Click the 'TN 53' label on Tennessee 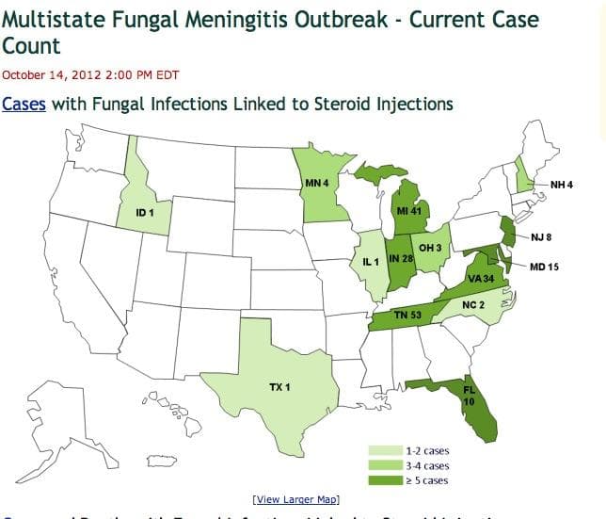[407, 315]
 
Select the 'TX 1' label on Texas [279, 388]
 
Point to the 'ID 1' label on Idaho [145, 213]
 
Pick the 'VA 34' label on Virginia [482, 279]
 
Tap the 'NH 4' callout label [562, 185]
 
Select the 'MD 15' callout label [544, 267]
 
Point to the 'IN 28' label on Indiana [402, 259]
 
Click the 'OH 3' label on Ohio [430, 247]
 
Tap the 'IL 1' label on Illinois [371, 261]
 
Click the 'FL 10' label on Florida [469, 394]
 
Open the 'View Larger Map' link [295, 498]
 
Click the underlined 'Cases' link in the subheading [24, 104]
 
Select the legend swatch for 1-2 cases [385, 450]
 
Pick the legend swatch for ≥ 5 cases [385, 480]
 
